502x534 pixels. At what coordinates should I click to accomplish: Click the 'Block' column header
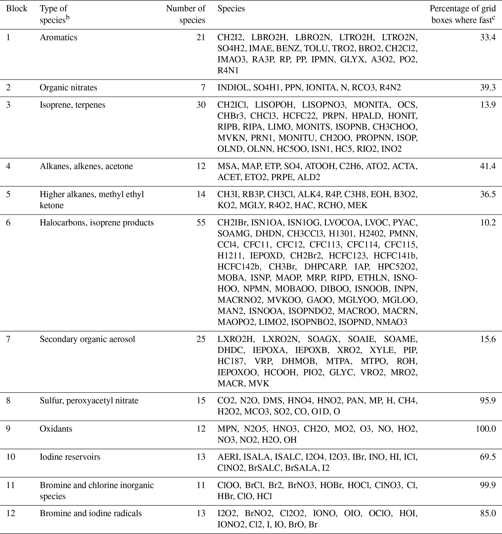17,8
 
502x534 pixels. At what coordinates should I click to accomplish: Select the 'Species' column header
231,8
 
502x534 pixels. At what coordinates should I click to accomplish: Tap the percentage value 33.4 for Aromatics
487,37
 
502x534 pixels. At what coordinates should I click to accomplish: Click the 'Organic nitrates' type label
68,88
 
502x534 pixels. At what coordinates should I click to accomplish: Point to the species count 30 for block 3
201,105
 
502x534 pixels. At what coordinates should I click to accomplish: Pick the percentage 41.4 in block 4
487,166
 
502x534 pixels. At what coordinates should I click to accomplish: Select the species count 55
201,223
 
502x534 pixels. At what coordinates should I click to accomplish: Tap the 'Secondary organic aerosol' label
87,339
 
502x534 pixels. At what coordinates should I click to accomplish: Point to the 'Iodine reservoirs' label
70,457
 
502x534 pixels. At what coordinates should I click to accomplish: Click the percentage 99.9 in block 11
487,485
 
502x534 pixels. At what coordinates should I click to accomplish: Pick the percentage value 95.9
487,400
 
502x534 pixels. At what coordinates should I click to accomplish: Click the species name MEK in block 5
357,205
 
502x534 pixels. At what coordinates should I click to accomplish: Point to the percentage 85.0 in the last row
487,513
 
